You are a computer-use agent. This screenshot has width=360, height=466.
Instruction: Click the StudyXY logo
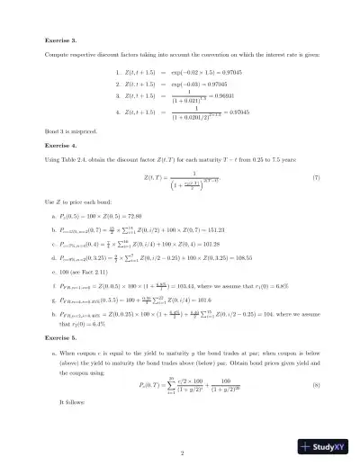pos(325,445)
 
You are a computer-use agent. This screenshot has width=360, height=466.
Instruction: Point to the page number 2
pos(181,452)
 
